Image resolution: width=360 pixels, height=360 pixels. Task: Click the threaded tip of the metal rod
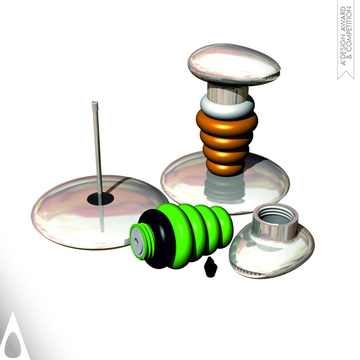click(95, 105)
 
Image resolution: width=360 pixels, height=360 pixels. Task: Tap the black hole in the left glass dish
click(100, 198)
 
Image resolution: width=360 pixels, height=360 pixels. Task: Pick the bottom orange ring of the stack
click(225, 167)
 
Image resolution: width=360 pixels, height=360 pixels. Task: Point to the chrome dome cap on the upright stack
click(234, 64)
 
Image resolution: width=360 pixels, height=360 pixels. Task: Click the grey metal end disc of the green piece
click(138, 242)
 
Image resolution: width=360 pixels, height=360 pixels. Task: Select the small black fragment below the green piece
click(210, 267)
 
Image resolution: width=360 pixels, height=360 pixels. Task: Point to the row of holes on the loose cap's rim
click(247, 271)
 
